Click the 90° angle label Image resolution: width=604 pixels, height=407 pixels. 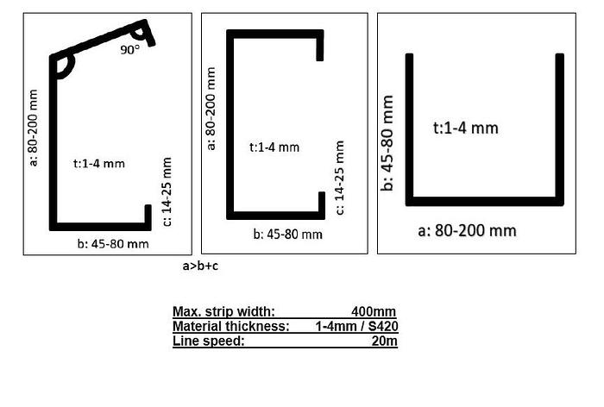point(130,50)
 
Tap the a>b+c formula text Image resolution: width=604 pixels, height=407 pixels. point(200,266)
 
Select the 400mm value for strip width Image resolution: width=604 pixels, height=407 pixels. point(374,311)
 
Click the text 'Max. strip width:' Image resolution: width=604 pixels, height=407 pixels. point(223,311)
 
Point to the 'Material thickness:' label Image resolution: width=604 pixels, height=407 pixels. point(230,326)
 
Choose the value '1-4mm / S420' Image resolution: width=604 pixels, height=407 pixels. point(356,326)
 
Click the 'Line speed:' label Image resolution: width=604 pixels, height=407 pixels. point(209,341)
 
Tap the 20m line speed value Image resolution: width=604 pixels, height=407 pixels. point(385,341)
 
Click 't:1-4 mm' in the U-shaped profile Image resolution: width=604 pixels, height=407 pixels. point(466,128)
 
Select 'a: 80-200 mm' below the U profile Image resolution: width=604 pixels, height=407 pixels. point(467,230)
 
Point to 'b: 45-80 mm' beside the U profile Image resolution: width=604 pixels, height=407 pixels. point(387,143)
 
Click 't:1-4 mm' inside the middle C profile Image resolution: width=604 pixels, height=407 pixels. point(274,147)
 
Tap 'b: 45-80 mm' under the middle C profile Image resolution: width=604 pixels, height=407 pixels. point(287,235)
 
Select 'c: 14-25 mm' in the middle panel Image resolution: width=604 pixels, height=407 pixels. point(339,178)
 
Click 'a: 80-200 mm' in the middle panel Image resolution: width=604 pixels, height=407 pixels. point(211,109)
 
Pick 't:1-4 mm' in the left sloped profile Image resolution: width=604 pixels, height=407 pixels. point(99,164)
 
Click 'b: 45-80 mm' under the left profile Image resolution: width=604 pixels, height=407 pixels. point(113,244)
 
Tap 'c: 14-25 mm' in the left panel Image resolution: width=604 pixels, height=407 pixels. point(167,191)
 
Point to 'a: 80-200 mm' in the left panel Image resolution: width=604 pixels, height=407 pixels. point(34,128)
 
